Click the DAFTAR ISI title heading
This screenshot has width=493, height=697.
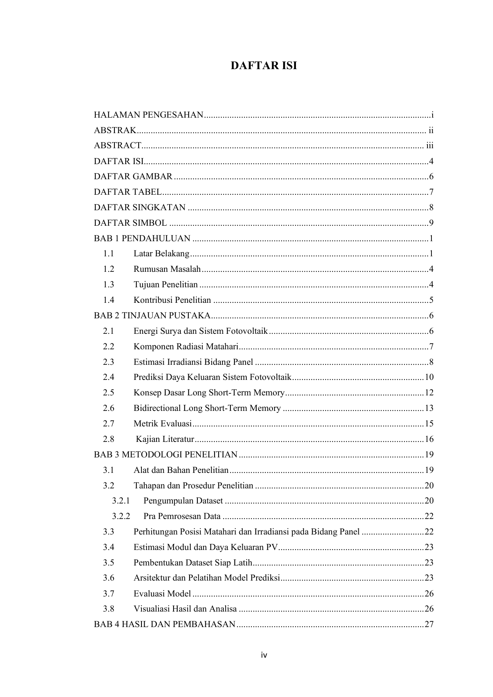coord(264,66)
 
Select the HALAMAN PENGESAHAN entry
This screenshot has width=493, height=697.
coord(148,115)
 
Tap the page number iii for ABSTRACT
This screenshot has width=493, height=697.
coord(429,145)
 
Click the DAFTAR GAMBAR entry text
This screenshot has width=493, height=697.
coord(133,176)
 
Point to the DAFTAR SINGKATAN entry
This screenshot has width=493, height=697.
coord(139,207)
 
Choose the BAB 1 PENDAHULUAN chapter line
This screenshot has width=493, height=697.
coord(142,238)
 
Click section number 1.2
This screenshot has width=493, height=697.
coord(108,269)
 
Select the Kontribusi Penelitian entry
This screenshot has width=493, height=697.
coord(172,300)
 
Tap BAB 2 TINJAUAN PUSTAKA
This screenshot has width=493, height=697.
coord(152,316)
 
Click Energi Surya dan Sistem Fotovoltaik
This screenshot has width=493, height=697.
coord(200,331)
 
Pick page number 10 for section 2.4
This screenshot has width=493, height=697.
coord(429,377)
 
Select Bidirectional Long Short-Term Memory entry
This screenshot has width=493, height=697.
coord(207,408)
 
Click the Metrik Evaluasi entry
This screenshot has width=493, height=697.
coord(162,424)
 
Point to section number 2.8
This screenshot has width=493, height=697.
coord(108,439)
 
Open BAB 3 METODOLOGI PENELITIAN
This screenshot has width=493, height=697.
coord(165,455)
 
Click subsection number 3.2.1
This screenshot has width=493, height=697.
coord(121,501)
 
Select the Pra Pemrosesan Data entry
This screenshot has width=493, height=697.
coord(182,516)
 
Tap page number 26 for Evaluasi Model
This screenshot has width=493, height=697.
coord(429,594)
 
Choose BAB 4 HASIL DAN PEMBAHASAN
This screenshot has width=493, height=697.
coord(164,624)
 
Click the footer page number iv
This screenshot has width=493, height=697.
coord(264,655)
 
